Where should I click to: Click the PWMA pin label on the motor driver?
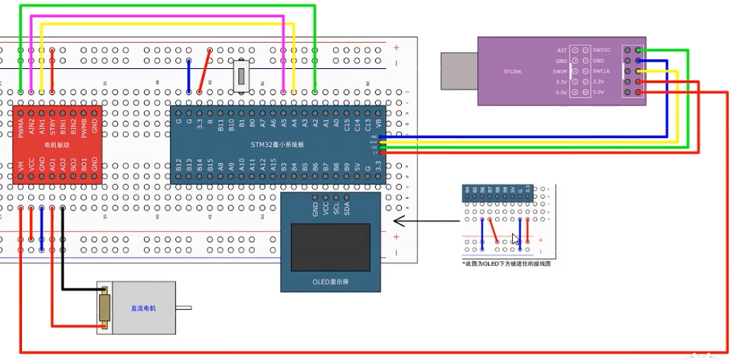pos(21,127)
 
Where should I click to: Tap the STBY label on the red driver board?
pos(52,127)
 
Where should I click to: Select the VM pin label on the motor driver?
pos(21,166)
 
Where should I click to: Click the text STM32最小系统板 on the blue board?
pos(278,144)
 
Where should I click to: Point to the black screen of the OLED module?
pos(330,246)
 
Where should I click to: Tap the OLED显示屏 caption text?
pos(330,282)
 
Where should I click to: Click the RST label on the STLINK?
pos(562,50)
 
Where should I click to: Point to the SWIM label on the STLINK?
pos(560,71)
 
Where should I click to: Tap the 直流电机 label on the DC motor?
pos(143,308)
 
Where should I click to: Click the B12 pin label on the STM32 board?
pos(179,166)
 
